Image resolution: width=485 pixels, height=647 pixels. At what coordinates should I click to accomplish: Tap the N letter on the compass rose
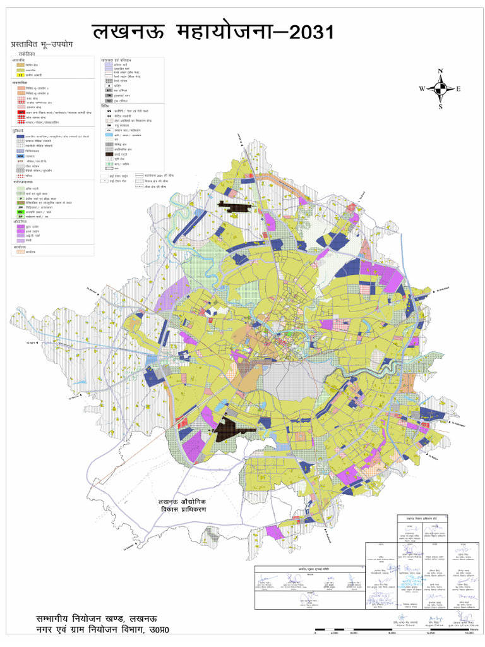pos(441,71)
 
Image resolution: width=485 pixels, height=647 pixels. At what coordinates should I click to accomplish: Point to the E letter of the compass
pos(458,89)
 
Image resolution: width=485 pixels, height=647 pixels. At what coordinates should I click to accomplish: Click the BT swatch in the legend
pos(109,90)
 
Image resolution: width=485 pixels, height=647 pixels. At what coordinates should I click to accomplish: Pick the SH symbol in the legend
pos(109,126)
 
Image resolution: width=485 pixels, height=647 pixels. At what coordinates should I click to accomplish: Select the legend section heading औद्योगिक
pos(19,222)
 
